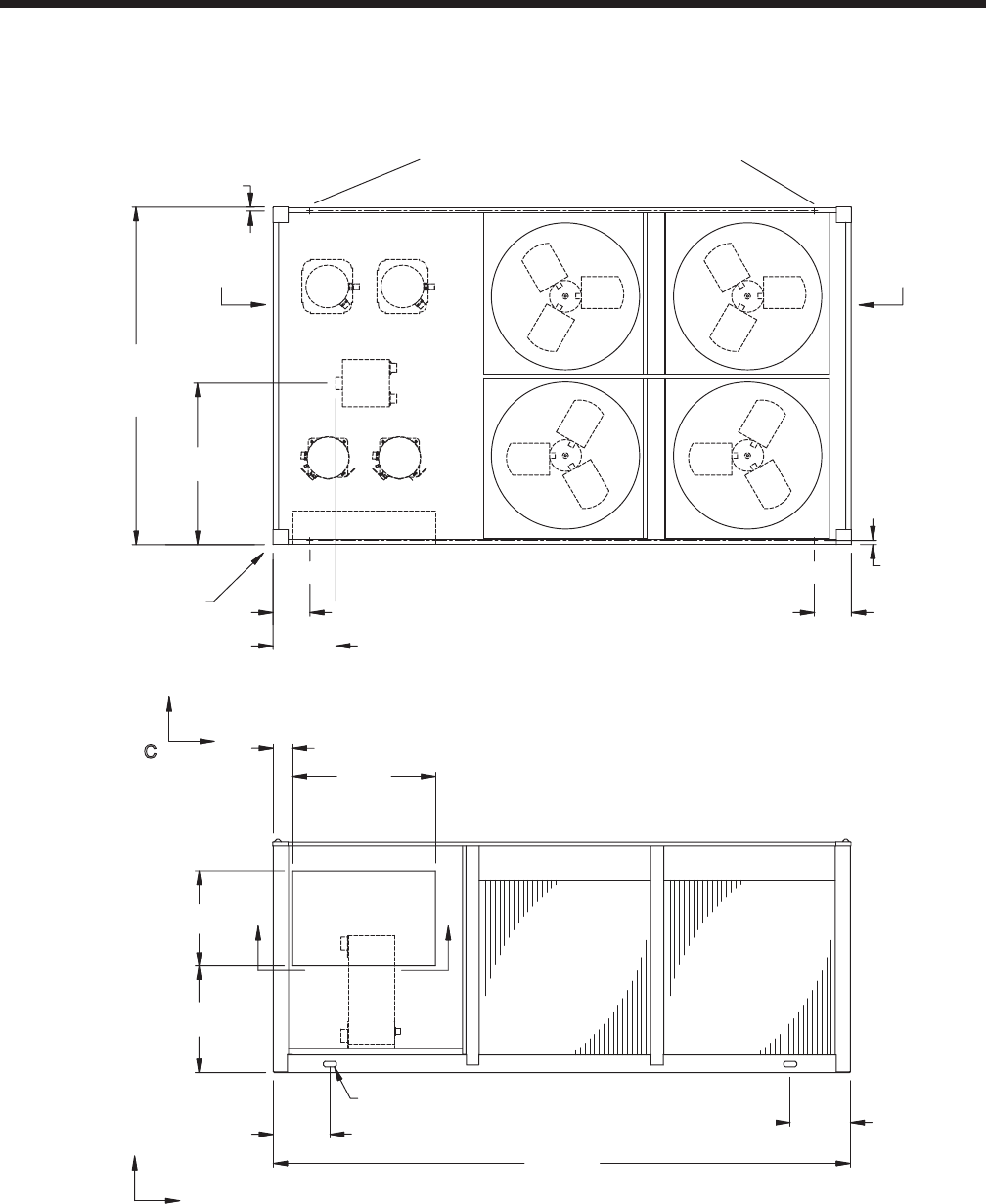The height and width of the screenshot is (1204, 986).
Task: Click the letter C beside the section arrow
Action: click(x=151, y=752)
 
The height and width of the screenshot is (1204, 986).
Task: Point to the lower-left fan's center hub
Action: click(x=565, y=455)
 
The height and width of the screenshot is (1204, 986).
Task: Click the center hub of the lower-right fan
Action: click(x=747, y=455)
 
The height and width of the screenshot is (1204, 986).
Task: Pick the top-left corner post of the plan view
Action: click(x=281, y=214)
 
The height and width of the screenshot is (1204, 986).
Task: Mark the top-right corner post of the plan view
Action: click(x=844, y=214)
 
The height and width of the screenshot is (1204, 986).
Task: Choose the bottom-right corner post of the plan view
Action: click(x=844, y=537)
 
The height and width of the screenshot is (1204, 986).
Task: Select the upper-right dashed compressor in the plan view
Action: click(x=403, y=286)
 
